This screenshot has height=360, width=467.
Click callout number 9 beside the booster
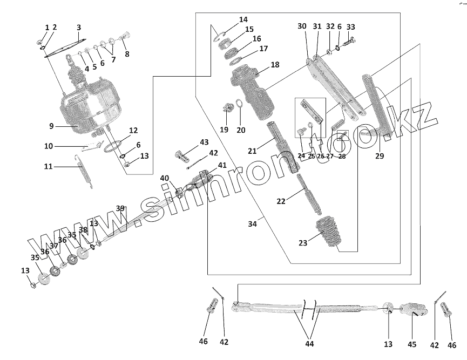51,126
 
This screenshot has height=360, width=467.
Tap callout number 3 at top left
79,28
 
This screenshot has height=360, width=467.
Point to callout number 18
275,65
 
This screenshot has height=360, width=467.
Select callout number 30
302,26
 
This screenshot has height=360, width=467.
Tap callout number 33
351,27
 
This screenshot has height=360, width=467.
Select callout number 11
49,167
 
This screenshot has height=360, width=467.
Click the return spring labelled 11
86,169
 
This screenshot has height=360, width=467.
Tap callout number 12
133,131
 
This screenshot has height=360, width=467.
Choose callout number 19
224,130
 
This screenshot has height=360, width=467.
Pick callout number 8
127,54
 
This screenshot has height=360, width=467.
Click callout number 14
243,19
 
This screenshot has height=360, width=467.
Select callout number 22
281,201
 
